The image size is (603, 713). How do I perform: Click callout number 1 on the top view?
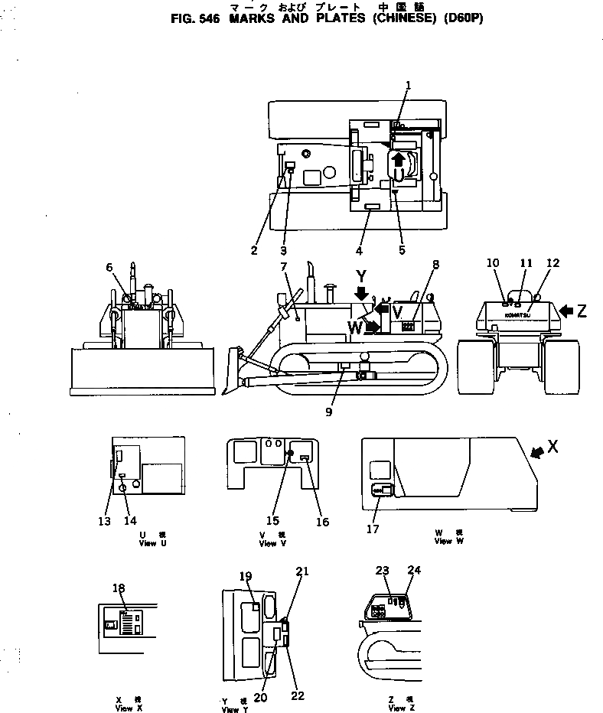pyautogui.click(x=408, y=85)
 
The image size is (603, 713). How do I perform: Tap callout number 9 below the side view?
pyautogui.click(x=328, y=412)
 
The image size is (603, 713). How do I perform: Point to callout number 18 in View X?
pyautogui.click(x=118, y=588)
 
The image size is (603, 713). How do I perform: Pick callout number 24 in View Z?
pyautogui.click(x=414, y=570)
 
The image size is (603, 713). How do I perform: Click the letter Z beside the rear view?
pyautogui.click(x=582, y=311)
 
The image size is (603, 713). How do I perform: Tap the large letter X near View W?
pyautogui.click(x=552, y=447)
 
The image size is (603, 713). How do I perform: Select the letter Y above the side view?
pyautogui.click(x=361, y=275)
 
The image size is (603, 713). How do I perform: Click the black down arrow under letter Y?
pyautogui.click(x=361, y=293)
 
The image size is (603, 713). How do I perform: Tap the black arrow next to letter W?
pyautogui.click(x=372, y=327)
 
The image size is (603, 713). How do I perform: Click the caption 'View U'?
pyautogui.click(x=148, y=543)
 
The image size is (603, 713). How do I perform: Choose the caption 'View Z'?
pyautogui.click(x=397, y=708)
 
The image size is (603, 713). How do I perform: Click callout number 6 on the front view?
pyautogui.click(x=109, y=267)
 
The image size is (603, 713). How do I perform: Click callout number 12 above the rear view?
pyautogui.click(x=552, y=264)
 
